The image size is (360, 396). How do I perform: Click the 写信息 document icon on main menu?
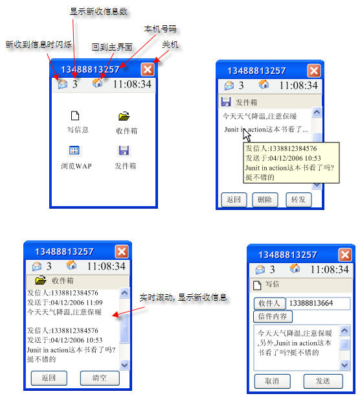pyautogui.click(x=75, y=115)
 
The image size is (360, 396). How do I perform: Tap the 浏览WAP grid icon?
pyautogui.click(x=74, y=150)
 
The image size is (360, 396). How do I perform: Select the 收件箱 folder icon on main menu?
pyautogui.click(x=124, y=116)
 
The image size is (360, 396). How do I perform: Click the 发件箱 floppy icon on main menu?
pyautogui.click(x=124, y=150)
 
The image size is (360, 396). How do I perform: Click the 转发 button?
pyautogui.click(x=298, y=200)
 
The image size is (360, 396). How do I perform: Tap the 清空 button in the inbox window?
pyautogui.click(x=100, y=378)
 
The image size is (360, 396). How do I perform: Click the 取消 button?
pyautogui.click(x=273, y=381)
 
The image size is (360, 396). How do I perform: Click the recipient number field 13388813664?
pyautogui.click(x=319, y=303)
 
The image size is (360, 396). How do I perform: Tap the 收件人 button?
pyautogui.click(x=269, y=303)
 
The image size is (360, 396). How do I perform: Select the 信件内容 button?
pyautogui.click(x=273, y=316)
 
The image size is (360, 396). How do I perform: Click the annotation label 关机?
pyautogui.click(x=170, y=45)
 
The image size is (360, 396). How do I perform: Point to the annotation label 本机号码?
pyautogui.click(x=160, y=29)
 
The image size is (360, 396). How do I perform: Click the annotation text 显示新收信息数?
pyautogui.click(x=98, y=12)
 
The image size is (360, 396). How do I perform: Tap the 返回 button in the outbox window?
pyautogui.click(x=234, y=200)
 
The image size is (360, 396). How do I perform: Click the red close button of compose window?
pyautogui.click(x=345, y=255)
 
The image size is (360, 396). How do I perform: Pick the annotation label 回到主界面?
pyautogui.click(x=112, y=47)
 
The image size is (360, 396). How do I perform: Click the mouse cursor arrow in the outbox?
pyautogui.click(x=246, y=135)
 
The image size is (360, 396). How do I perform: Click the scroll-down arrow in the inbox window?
pyautogui.click(x=124, y=365)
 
